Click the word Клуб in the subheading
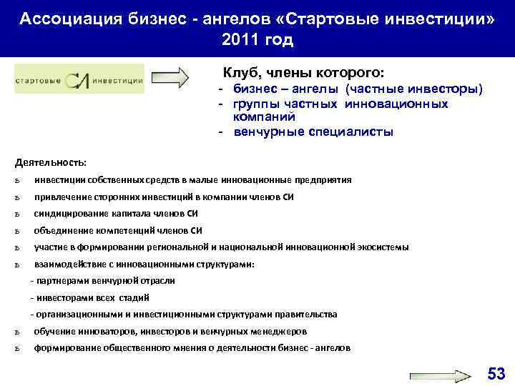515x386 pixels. [x=242, y=73]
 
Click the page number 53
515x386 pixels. [x=495, y=372]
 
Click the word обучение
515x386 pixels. [x=56, y=332]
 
